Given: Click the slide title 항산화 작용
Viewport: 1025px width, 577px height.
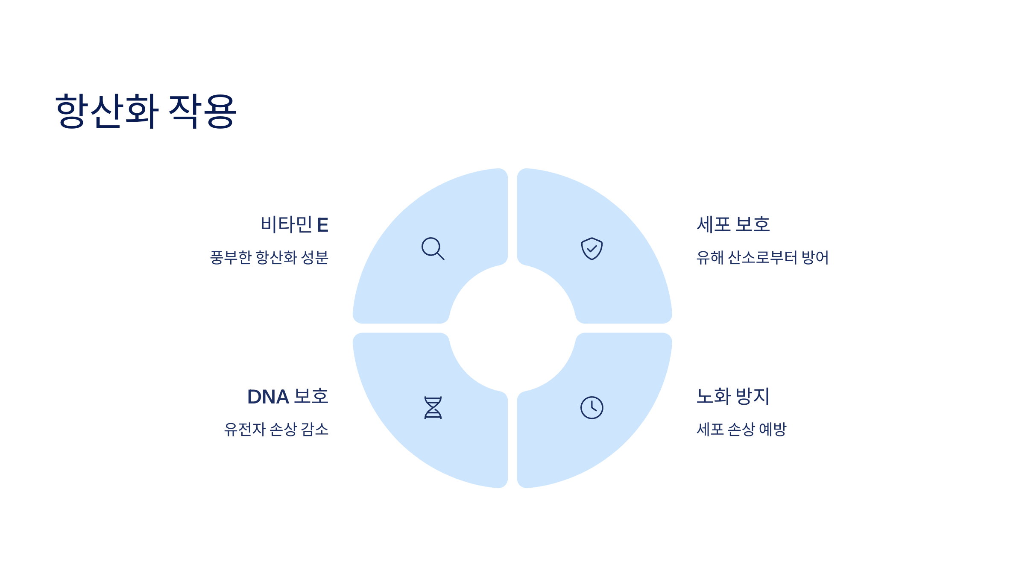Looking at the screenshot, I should (146, 111).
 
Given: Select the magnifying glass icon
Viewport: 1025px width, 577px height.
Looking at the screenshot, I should (433, 248).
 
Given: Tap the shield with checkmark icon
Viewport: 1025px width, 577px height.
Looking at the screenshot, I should (592, 248).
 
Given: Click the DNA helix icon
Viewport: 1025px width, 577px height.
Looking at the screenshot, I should (433, 407).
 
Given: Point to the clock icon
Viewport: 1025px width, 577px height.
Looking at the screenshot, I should (592, 407).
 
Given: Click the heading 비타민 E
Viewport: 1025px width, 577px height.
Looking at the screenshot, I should (294, 225).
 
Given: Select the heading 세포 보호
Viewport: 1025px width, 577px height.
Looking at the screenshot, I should (733, 225).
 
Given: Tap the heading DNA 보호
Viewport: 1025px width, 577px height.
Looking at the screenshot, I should (287, 397).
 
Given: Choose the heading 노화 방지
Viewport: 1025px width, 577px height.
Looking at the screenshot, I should (733, 397).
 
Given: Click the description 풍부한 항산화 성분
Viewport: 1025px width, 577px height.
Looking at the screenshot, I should (269, 258).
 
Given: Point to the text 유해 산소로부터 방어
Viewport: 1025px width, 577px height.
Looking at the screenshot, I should (762, 258).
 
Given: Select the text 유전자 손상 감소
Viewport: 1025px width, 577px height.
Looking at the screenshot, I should (276, 430).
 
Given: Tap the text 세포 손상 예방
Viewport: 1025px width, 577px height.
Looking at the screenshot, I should (741, 430).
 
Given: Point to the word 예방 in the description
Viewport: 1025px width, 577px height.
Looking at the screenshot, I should (773, 430).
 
